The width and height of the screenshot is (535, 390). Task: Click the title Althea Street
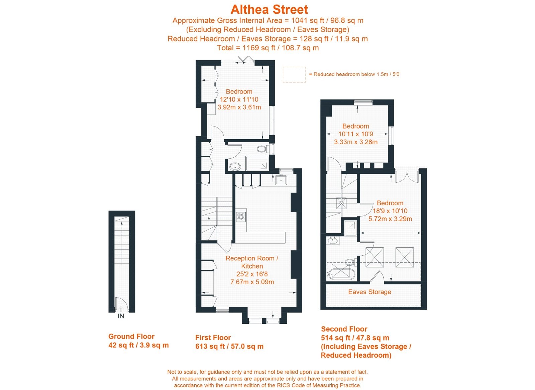pos(269,9)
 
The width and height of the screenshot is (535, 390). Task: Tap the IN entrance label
pos(121,316)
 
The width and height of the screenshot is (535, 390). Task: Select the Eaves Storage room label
pos(369,292)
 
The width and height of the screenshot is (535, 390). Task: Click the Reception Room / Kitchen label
pos(252,262)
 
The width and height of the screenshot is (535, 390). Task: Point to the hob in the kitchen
pos(241,217)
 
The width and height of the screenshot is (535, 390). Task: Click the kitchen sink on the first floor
pos(281,180)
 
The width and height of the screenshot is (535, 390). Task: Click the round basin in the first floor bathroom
pos(235,166)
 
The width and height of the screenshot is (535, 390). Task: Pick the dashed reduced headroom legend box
pos(294,75)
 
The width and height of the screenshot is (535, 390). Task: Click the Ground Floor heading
pos(131,336)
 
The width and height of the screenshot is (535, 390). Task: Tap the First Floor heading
pos(213,337)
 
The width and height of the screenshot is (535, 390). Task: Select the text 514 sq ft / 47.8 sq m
pos(355,338)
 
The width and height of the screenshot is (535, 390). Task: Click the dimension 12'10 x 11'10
pos(239,99)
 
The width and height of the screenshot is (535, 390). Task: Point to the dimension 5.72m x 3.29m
pos(390,219)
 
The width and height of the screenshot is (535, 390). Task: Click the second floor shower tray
pos(350,228)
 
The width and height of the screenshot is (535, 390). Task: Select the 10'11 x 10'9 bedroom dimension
pos(355,134)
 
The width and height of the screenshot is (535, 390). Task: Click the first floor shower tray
pos(257,163)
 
